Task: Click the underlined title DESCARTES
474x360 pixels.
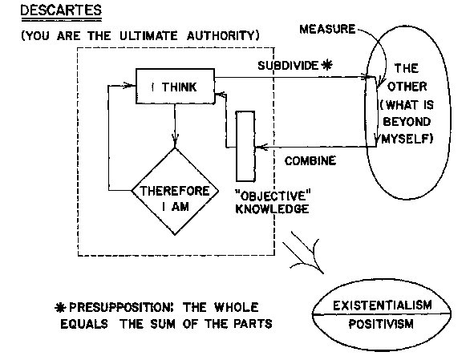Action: coord(61,10)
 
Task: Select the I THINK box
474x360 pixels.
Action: coord(176,87)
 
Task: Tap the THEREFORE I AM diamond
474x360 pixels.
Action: coord(175,192)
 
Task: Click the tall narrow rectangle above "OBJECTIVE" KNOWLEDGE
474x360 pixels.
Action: coord(245,146)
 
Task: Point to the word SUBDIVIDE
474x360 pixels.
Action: coord(288,66)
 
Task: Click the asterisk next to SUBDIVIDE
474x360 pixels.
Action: coord(326,65)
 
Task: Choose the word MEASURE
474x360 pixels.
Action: coord(327,29)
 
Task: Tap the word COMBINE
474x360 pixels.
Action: coord(310,160)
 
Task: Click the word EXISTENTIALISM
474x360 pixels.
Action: coord(383,305)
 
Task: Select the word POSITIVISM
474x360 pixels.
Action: coord(381,324)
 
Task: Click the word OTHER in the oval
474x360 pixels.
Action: coord(407,87)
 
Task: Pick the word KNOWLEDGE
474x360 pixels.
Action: coord(272,209)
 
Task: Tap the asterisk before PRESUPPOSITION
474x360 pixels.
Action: coord(60,308)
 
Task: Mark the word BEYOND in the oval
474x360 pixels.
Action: coord(407,122)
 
